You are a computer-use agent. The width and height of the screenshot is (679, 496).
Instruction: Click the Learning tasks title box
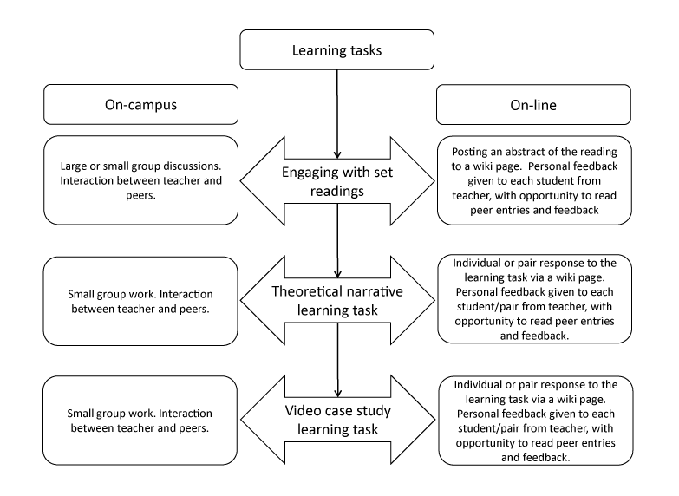point(337,50)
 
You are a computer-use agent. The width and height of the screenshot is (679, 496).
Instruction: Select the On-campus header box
point(140,105)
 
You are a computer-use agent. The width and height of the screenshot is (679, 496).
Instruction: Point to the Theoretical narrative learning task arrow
point(337,301)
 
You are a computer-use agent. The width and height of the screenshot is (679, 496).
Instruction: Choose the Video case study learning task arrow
point(337,420)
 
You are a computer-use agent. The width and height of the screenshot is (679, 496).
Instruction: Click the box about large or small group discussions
point(140,180)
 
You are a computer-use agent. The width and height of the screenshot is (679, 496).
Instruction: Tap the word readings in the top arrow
point(337,192)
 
